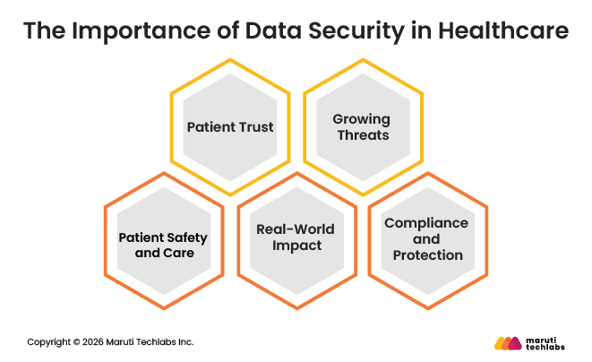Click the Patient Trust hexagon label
click(x=230, y=127)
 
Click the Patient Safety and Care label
click(x=163, y=246)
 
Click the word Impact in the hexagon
click(x=296, y=246)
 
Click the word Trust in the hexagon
click(x=255, y=127)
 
